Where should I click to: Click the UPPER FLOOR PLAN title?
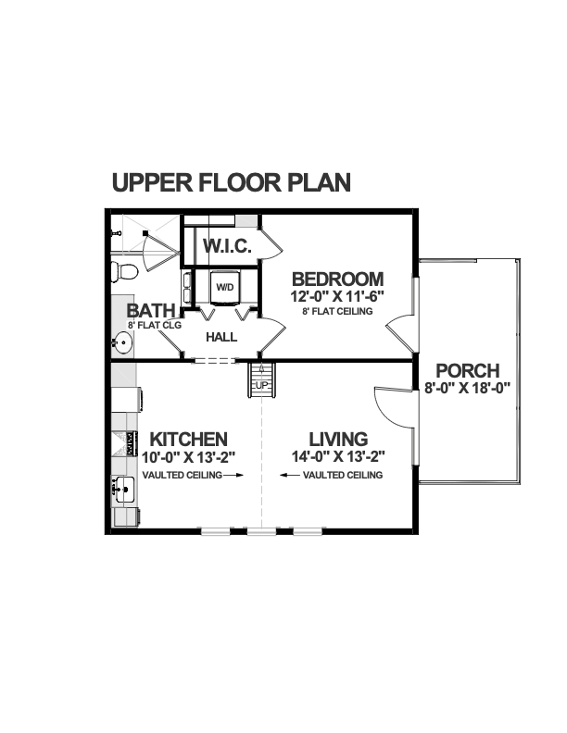coord(231,182)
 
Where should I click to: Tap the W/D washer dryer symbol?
coord(225,287)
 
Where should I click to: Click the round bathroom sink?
coord(122,342)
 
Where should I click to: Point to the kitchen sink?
coord(123,490)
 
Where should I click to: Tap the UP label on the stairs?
coord(262,385)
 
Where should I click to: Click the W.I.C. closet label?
coord(227,245)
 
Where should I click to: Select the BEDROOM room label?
coord(338,280)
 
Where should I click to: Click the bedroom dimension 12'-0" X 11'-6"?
coord(337,297)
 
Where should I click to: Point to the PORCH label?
coord(468,371)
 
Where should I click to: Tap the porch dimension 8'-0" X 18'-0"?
coord(467,388)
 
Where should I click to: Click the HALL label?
coord(221,337)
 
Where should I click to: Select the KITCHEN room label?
coord(188,440)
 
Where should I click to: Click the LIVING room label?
coord(338,440)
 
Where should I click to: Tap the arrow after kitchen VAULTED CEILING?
coord(233,475)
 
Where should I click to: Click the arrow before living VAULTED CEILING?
coord(290,475)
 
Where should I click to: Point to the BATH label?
coord(151,310)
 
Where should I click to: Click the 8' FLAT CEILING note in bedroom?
coord(337,311)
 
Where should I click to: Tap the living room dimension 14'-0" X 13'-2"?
coord(338,456)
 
